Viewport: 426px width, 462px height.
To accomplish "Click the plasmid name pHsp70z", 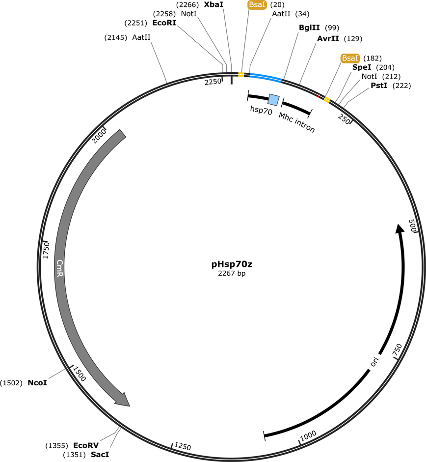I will (232, 264).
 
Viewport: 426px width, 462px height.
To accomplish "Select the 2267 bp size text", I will (232, 274).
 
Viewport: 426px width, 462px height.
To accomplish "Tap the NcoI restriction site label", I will (37, 382).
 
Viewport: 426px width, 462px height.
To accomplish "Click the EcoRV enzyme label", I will (82, 445).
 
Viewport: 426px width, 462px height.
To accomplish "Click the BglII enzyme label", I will (309, 28).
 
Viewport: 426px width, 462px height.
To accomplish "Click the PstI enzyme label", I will (379, 86).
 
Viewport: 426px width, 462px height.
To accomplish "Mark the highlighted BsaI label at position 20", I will (257, 5).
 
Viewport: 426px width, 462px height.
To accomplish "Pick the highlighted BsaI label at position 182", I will (350, 58).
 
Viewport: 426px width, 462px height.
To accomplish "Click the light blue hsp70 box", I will (273, 100).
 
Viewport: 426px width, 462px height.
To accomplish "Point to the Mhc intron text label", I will (297, 123).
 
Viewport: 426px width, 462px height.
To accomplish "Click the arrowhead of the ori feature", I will (400, 228).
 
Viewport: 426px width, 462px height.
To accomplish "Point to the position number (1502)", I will (11, 382).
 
